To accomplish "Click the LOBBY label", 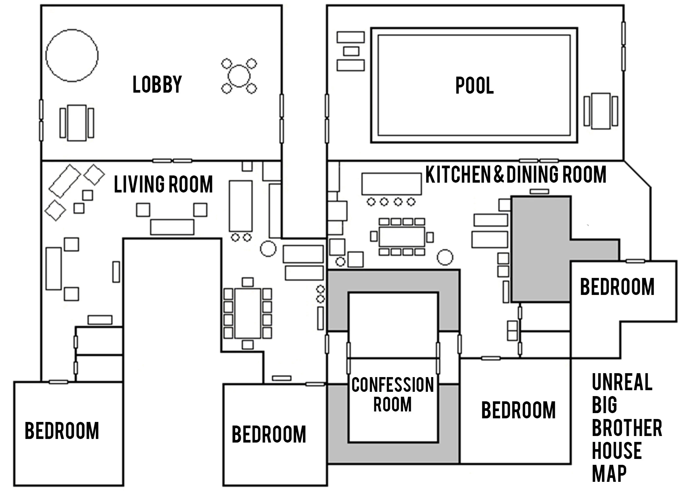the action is click(157, 84).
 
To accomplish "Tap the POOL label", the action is click(474, 86).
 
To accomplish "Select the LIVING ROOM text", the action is click(163, 184).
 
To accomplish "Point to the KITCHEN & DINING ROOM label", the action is click(516, 174).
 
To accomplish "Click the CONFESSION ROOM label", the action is click(393, 394).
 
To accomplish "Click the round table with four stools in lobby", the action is click(239, 76).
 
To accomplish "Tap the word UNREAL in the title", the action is click(622, 382).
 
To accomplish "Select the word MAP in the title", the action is click(609, 473).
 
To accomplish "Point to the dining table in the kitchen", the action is click(402, 237).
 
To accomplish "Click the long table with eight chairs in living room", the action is click(248, 313).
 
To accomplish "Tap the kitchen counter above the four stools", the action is click(391, 184).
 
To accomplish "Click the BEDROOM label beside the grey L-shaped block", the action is click(617, 287).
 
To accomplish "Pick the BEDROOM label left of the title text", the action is click(519, 410).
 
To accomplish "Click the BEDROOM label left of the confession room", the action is click(269, 434).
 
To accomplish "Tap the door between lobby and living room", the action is click(172, 161).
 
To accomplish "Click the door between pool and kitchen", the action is click(539, 161).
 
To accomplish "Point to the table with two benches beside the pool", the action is click(601, 111).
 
